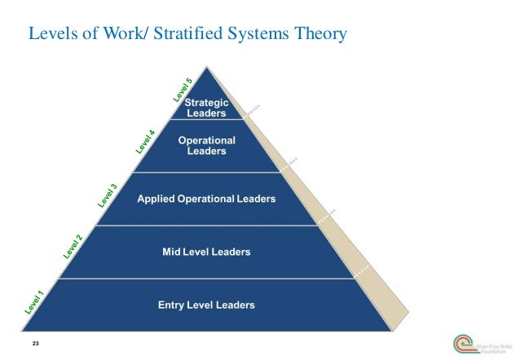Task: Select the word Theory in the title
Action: point(321,34)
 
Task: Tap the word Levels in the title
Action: point(51,34)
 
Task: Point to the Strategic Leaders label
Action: point(206,108)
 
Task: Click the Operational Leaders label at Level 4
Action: point(206,145)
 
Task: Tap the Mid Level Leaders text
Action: point(206,252)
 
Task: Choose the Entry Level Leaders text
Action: point(206,305)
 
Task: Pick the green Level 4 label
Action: point(145,141)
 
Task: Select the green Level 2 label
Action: point(73,247)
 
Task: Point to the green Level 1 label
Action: point(34,301)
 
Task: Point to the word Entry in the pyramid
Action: point(170,305)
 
